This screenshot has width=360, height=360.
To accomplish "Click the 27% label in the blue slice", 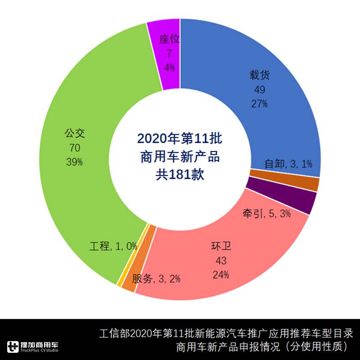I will (x=259, y=103).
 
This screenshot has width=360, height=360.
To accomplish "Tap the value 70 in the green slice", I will (x=74, y=148).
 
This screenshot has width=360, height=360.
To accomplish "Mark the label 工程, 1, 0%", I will (x=113, y=246).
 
